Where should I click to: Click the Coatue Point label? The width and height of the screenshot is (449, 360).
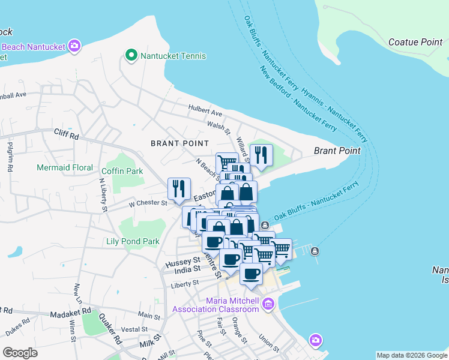pyautogui.click(x=415, y=42)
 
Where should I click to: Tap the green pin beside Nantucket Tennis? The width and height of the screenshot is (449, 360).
pyautogui.click(x=131, y=55)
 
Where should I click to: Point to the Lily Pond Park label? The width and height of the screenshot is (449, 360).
pyautogui.click(x=133, y=242)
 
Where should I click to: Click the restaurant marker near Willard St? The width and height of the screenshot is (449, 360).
pyautogui.click(x=261, y=155)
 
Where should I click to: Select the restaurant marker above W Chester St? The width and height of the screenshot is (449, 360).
pyautogui.click(x=179, y=188)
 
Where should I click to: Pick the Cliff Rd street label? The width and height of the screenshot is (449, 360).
pyautogui.click(x=66, y=134)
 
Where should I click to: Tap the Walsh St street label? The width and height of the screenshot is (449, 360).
pyautogui.click(x=218, y=125)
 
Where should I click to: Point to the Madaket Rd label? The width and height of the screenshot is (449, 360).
pyautogui.click(x=70, y=313)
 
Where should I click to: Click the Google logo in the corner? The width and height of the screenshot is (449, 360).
pyautogui.click(x=20, y=353)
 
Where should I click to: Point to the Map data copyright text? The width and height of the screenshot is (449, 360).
pyautogui.click(x=412, y=355)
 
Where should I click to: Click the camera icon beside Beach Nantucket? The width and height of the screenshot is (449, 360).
pyautogui.click(x=74, y=46)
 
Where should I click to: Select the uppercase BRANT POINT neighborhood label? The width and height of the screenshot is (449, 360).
pyautogui.click(x=179, y=143)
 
